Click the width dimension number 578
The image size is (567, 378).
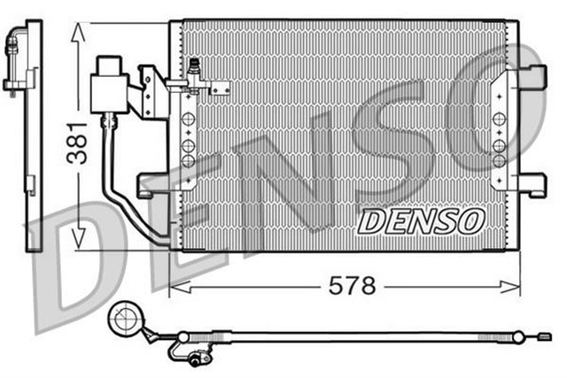352,286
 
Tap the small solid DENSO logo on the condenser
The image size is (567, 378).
421,220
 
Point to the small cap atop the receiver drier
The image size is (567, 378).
111,63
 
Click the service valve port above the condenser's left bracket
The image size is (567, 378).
193,68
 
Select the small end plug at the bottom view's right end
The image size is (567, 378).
544,336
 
